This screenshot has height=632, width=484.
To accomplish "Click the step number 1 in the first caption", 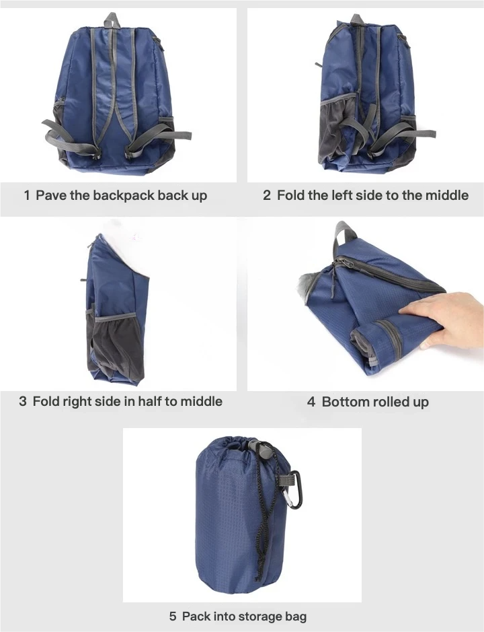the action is point(27,195).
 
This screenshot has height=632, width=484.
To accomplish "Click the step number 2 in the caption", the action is point(267,195).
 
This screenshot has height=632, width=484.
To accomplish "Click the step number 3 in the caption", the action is point(23,401).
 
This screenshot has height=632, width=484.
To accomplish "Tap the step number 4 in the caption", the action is point(311,402).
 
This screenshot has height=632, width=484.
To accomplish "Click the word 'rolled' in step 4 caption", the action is point(391,401).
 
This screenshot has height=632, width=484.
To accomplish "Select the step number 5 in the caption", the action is point(173,617).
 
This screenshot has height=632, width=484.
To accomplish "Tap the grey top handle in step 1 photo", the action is point(112,21).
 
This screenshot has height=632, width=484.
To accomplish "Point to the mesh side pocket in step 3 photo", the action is point(116,346).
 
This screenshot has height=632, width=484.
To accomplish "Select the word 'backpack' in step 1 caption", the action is point(124,195).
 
